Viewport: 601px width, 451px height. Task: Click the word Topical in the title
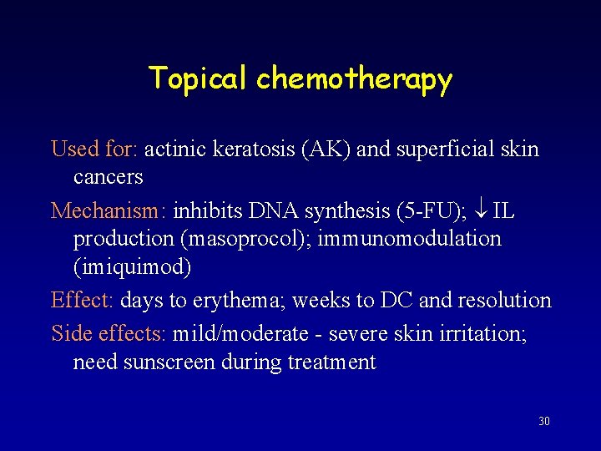[x=199, y=79]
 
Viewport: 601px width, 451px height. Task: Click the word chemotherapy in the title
[x=354, y=79]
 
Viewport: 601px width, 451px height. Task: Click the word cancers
[x=109, y=177]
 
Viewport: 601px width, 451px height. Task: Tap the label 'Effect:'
[x=83, y=300]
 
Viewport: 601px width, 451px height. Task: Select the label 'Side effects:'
[x=109, y=334]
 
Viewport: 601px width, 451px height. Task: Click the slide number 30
[x=544, y=421]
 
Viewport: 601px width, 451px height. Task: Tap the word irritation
[x=483, y=334]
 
